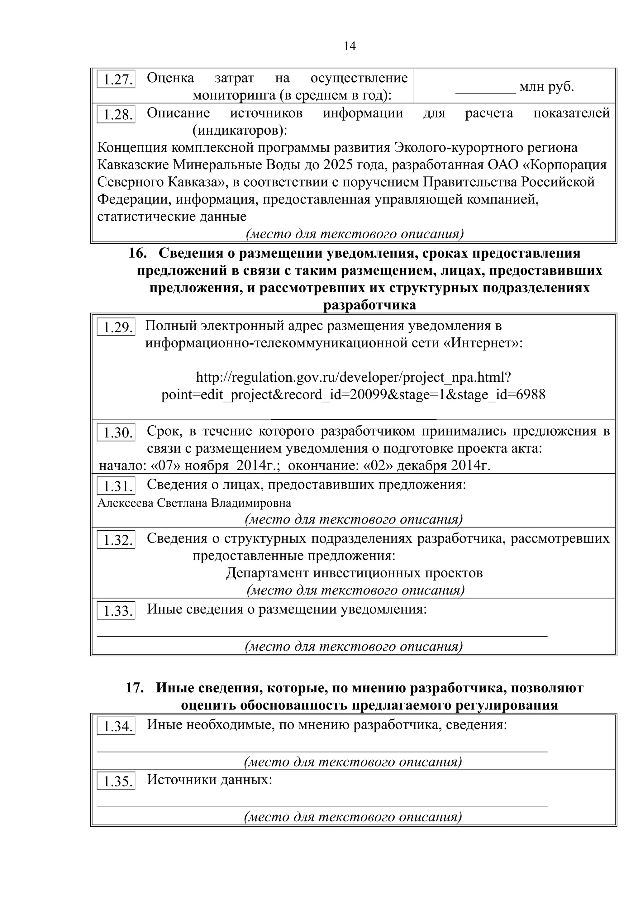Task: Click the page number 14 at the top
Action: [x=350, y=46]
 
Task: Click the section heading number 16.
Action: [x=138, y=253]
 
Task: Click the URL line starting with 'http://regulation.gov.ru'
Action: [x=353, y=378]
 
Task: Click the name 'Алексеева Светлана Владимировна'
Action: [x=194, y=503]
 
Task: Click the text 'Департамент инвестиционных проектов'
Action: [x=354, y=573]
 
